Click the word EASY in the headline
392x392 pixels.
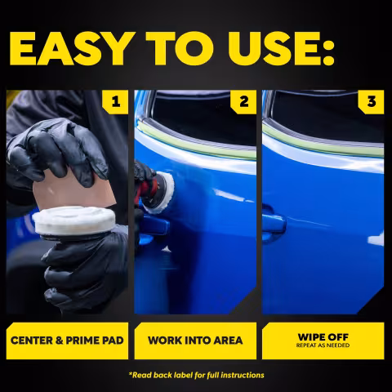coord(73,49)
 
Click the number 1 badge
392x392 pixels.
coord(115,102)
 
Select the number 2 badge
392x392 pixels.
coord(243,102)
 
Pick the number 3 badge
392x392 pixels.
coord(372,102)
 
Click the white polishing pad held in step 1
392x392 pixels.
coord(74,220)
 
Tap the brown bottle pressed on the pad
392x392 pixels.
coord(73,190)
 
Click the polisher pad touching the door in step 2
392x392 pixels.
coord(161,193)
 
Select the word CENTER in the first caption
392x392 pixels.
coord(31,341)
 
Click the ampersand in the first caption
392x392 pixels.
coord(59,341)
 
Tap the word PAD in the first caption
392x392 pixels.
coord(112,341)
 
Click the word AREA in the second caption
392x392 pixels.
coord(228,341)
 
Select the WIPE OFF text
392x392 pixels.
coord(323,337)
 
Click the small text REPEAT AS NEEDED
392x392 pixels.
coord(323,345)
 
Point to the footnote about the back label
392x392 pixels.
coord(196,375)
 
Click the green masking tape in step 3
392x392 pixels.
coord(323,140)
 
